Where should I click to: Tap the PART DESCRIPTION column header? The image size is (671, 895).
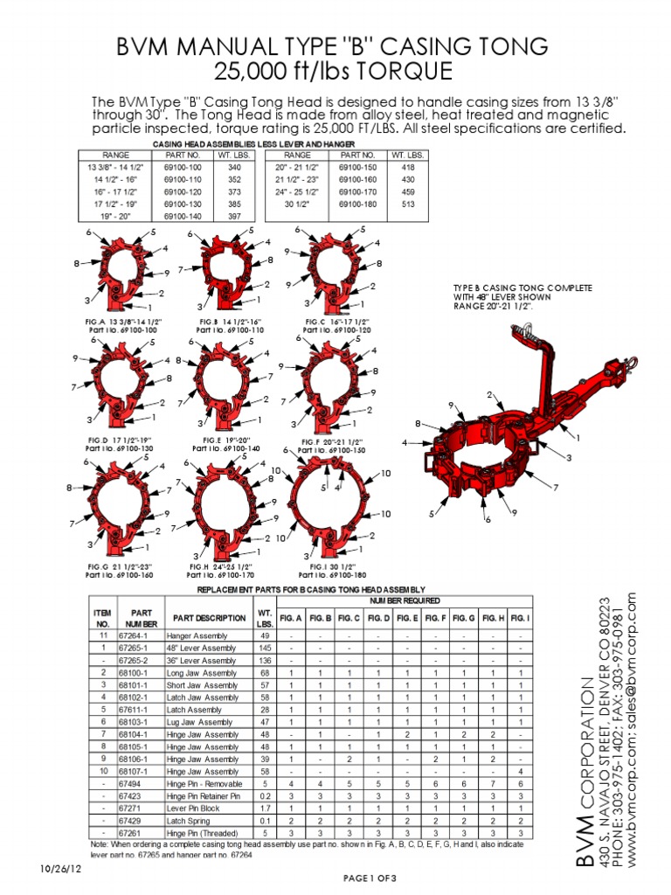[210, 617]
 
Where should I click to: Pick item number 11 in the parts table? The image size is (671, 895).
[103, 635]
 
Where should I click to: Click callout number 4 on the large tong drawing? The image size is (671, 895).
[405, 443]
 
